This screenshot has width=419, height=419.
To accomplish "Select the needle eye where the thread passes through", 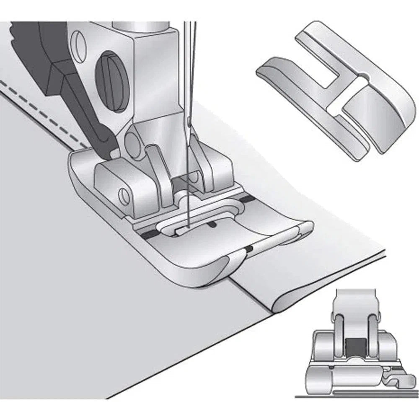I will tap(190, 123).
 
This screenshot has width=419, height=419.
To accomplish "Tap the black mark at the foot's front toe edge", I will tap(250, 250).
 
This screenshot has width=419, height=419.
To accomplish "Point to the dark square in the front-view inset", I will tap(355, 347).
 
